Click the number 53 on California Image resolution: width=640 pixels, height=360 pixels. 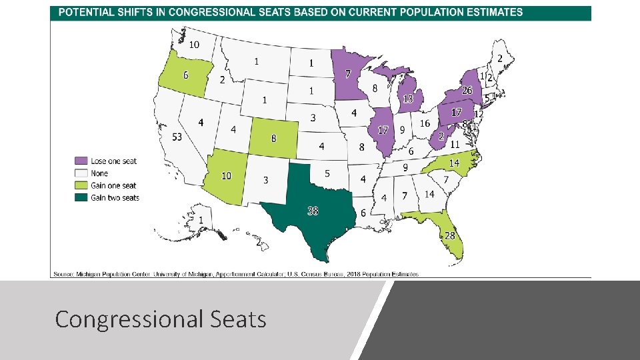[177, 137]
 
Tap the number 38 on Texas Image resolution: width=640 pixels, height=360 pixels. [313, 211]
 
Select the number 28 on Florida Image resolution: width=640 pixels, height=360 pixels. [450, 236]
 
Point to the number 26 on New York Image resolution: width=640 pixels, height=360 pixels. [467, 91]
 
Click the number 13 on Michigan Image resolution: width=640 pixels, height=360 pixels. [408, 99]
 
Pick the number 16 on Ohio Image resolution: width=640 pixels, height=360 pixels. [425, 124]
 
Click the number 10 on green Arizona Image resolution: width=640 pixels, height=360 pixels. [227, 175]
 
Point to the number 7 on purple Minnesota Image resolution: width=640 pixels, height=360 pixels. [347, 73]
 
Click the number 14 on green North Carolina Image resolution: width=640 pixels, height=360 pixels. [454, 163]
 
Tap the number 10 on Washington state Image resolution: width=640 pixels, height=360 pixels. [193, 45]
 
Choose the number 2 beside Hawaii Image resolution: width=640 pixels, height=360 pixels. [259, 243]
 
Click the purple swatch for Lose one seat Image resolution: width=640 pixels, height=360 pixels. [81, 161]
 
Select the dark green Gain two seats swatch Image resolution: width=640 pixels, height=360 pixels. [81, 197]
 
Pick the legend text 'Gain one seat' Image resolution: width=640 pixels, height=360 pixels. [113, 185]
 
